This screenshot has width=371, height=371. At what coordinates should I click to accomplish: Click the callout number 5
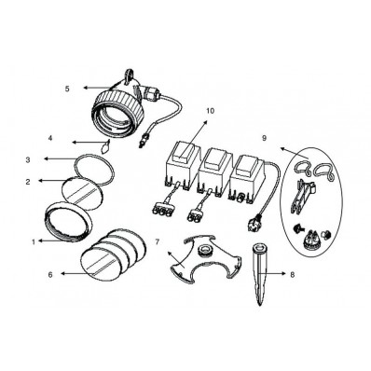pyautogui.click(x=67, y=89)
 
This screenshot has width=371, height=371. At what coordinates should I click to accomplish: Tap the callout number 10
pyautogui.click(x=210, y=111)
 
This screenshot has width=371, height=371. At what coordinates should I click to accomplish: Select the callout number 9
pyautogui.click(x=264, y=138)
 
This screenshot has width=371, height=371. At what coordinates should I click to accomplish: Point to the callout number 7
pyautogui.click(x=158, y=241)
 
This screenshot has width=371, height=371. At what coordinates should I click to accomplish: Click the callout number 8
pyautogui.click(x=292, y=275)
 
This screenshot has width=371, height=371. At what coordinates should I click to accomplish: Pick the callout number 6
pyautogui.click(x=50, y=275)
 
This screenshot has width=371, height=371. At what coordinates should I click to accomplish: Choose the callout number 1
pyautogui.click(x=34, y=241)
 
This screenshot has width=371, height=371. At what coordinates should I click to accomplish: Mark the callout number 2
pyautogui.click(x=28, y=182)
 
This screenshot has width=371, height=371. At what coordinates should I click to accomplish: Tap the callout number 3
pyautogui.click(x=28, y=160)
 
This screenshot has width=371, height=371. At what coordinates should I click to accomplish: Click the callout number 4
pyautogui.click(x=50, y=138)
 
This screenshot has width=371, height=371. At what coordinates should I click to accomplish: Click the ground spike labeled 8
pyautogui.click(x=260, y=274)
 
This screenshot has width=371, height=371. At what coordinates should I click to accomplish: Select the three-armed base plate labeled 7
pyautogui.click(x=205, y=258)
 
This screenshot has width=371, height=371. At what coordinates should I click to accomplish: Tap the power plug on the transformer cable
pyautogui.click(x=254, y=223)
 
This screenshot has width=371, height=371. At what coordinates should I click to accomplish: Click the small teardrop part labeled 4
pyautogui.click(x=105, y=146)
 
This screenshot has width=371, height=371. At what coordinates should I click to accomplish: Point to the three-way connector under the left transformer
pyautogui.click(x=162, y=212)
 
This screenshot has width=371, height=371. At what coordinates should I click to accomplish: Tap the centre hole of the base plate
pyautogui.click(x=205, y=250)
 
